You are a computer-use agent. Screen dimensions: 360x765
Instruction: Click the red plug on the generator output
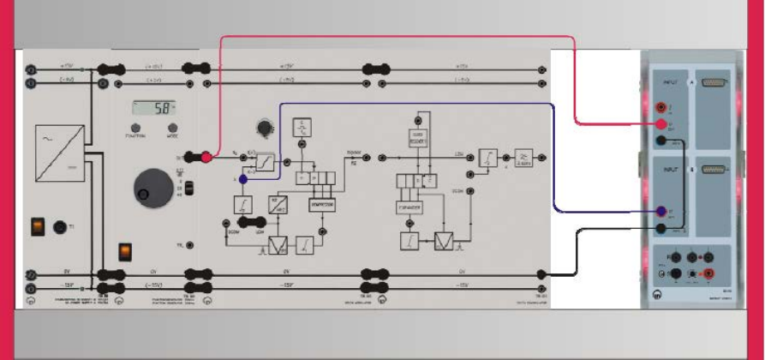tap(206, 158)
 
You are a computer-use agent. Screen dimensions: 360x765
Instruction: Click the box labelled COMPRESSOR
tap(322, 207)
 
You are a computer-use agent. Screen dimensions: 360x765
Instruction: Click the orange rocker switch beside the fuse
tap(37, 226)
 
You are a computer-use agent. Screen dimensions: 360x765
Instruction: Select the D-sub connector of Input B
tap(713, 171)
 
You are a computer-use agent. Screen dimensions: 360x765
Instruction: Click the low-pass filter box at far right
tap(523, 157)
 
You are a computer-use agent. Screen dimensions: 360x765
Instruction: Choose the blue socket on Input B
tap(661, 212)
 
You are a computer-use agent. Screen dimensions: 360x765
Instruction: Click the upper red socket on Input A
tap(661, 108)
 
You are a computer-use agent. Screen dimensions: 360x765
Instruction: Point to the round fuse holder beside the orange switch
tap(60, 227)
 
